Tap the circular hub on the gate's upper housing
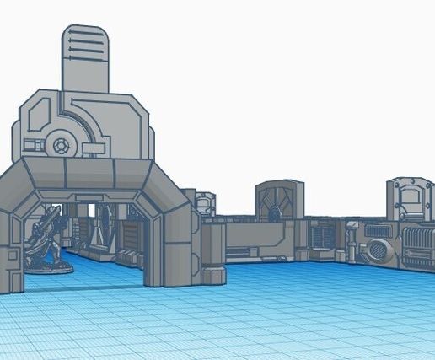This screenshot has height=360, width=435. tap(60, 145)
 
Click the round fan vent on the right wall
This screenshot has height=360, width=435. tap(379, 250)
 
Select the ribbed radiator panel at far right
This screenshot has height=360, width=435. tap(418, 246)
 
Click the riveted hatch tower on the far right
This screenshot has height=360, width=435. tap(410, 201)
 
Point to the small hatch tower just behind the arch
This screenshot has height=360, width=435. tap(205, 204)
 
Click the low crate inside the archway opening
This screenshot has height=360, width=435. tap(127, 256)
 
